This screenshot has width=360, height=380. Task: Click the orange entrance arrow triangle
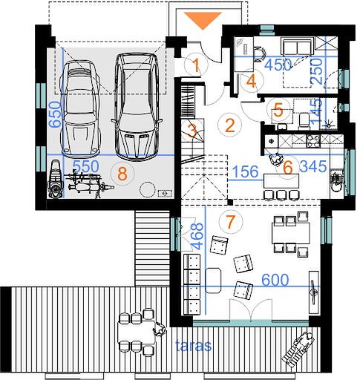tap(203, 20)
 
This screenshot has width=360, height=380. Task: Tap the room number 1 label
tap(196, 65)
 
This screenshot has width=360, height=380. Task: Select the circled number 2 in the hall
tap(230, 125)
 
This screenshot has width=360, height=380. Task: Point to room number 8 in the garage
tap(122, 174)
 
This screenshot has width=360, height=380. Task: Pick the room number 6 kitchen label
tap(288, 168)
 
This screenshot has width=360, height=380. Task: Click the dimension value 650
tap(55, 114)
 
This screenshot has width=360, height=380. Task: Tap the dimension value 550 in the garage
tap(86, 166)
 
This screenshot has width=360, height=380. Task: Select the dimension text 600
tap(275, 280)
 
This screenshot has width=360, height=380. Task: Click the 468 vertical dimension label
tap(197, 236)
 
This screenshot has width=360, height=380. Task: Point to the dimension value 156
tap(246, 171)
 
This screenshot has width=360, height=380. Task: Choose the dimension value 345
tap(313, 166)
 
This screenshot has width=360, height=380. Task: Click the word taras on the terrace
tap(194, 345)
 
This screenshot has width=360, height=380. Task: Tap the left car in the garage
tap(81, 110)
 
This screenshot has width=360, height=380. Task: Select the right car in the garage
tap(137, 106)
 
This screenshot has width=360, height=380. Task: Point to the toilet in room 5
tap(304, 121)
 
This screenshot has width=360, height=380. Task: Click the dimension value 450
tap(278, 65)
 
